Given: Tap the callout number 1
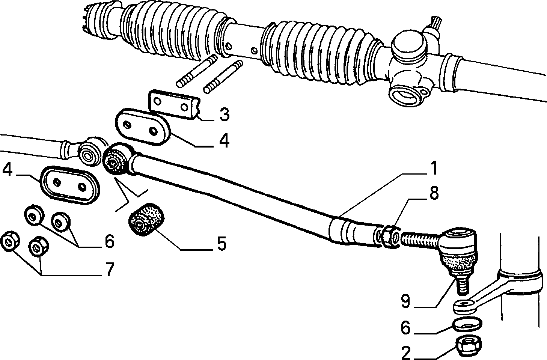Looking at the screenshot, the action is (x=432, y=168).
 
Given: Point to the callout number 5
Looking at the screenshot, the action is (x=221, y=243).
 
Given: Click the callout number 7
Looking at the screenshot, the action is (x=109, y=269).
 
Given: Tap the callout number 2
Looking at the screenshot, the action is (x=406, y=352).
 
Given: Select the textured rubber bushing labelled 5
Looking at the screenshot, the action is (x=146, y=220).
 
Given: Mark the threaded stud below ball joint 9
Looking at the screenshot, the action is (x=463, y=285).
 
